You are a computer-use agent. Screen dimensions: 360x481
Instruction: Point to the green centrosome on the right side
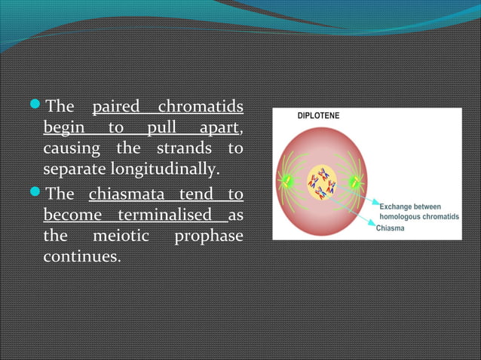355,181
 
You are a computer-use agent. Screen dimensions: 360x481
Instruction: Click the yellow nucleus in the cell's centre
322,182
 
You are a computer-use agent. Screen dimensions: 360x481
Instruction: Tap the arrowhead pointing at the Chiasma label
373,223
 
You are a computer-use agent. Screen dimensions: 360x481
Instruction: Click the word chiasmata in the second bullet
121,194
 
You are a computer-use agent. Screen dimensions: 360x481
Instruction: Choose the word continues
81,257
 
